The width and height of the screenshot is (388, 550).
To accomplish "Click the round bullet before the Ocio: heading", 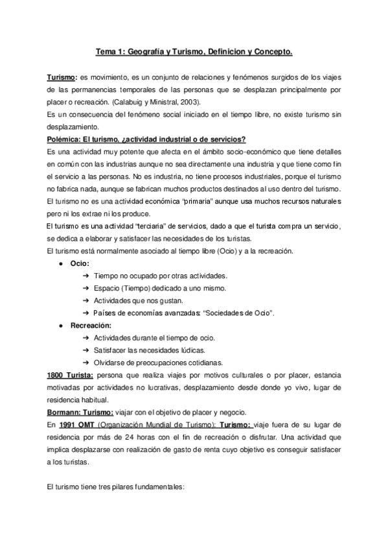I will [60, 263].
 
